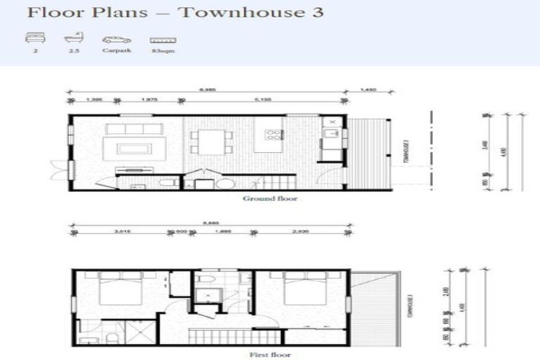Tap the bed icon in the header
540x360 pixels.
[x=34, y=39]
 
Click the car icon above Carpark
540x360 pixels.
[x=116, y=40]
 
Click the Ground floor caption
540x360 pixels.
[x=270, y=199]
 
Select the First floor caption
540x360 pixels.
[x=270, y=356]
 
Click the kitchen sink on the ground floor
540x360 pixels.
[x=330, y=131]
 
